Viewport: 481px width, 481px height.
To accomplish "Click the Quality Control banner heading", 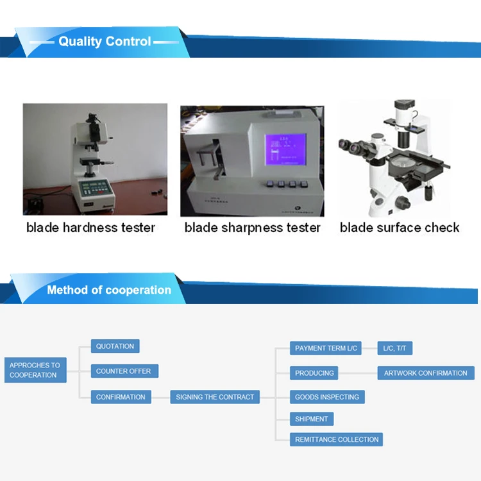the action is pyautogui.click(x=105, y=42).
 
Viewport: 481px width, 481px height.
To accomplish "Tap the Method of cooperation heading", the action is pyautogui.click(x=109, y=290).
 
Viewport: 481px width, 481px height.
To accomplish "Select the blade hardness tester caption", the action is pyautogui.click(x=90, y=228).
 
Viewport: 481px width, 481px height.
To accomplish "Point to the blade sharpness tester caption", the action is pyautogui.click(x=252, y=228).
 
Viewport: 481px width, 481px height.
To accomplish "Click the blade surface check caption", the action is pyautogui.click(x=400, y=228).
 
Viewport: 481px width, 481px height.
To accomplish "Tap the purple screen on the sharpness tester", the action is pyautogui.click(x=285, y=149).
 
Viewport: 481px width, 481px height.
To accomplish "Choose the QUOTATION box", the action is pyautogui.click(x=115, y=346).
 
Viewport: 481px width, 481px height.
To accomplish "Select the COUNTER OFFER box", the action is pyautogui.click(x=124, y=371).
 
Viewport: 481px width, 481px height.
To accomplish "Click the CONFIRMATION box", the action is pyautogui.click(x=121, y=396).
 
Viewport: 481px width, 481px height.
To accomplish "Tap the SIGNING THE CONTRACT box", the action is pyautogui.click(x=215, y=396).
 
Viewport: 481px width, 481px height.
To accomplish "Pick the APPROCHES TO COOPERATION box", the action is pyautogui.click(x=35, y=370).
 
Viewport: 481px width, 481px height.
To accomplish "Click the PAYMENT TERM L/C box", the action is pyautogui.click(x=325, y=348).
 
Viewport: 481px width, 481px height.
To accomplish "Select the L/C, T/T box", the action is pyautogui.click(x=395, y=348).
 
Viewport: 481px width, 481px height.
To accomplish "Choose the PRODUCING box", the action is pyautogui.click(x=314, y=373).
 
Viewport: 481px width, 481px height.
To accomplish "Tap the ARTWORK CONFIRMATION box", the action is pyautogui.click(x=426, y=373).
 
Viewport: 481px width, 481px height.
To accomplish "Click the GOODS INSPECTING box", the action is pyautogui.click(x=327, y=396).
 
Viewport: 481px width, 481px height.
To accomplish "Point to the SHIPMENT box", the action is pyautogui.click(x=312, y=419).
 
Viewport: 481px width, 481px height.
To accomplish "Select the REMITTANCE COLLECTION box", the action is pyautogui.click(x=336, y=439).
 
